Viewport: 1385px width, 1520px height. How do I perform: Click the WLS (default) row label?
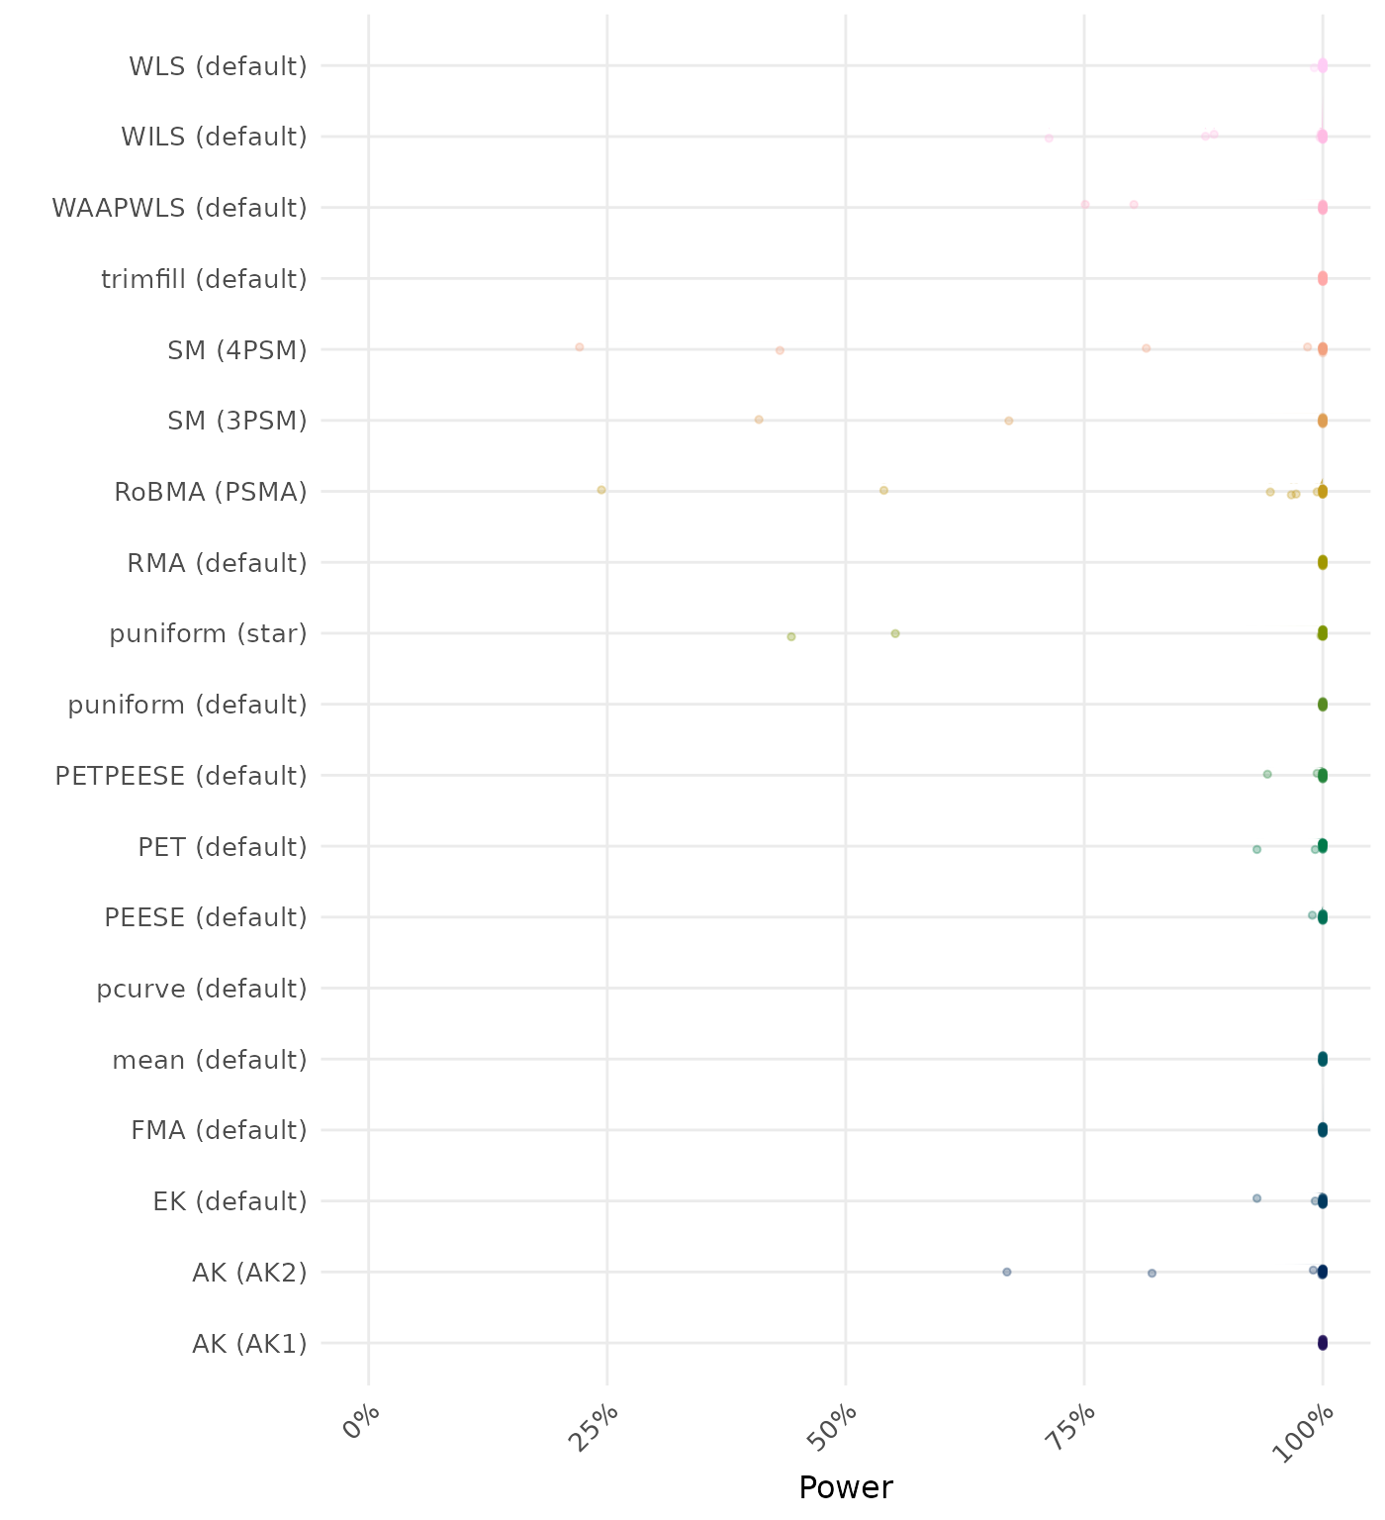(218, 66)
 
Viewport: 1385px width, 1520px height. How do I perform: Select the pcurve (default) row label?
(202, 989)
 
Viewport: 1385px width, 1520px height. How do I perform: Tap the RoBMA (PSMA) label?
(211, 492)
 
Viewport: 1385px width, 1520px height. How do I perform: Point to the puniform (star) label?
(208, 633)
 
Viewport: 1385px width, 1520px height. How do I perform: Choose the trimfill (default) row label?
(204, 279)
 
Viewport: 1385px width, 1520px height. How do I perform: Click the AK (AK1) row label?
(249, 1344)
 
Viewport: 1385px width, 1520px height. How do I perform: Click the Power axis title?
(845, 1487)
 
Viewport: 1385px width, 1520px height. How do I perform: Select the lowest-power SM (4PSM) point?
(580, 347)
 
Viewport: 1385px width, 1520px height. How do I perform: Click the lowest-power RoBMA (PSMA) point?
(601, 490)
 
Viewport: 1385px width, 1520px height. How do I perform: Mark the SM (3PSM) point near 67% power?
(1009, 421)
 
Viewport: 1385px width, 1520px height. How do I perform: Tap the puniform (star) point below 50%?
(791, 636)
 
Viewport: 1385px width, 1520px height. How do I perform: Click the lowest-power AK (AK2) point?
(1007, 1272)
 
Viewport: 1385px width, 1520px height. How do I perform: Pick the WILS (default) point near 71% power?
(1049, 138)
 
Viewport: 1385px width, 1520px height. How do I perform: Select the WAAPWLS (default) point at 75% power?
(1085, 205)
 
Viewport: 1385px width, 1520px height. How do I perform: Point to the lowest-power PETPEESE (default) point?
(1267, 774)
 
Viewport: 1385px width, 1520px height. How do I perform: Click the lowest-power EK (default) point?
(1257, 1198)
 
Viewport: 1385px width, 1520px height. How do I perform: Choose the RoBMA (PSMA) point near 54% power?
(884, 490)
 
